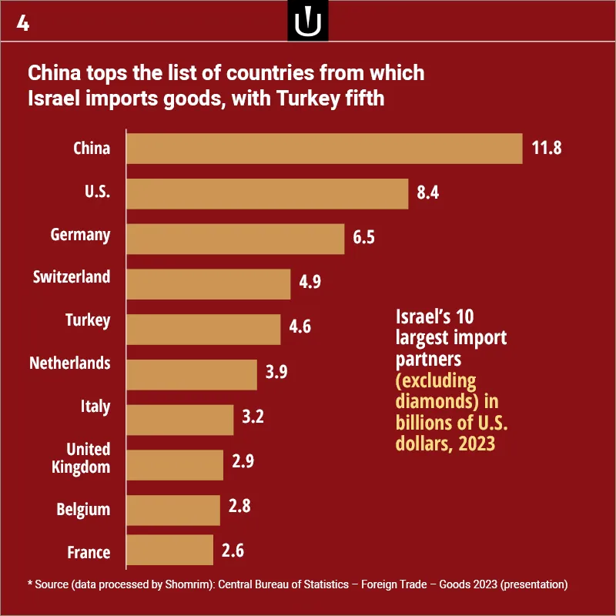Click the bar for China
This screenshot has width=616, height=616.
point(324,149)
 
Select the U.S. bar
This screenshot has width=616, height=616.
point(267,194)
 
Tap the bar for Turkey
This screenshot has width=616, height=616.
point(203,330)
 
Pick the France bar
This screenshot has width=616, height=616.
point(169,550)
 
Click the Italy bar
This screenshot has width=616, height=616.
point(180,420)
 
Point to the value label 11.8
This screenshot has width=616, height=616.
point(547,148)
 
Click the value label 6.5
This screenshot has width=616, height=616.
point(363,237)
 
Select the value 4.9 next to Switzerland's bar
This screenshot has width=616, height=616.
point(310,282)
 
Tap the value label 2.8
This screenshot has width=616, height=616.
point(239,506)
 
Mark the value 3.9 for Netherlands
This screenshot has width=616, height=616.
point(276,372)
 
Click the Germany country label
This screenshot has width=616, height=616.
point(81,235)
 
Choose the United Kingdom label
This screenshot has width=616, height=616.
point(82,458)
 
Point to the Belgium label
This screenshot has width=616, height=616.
point(83,510)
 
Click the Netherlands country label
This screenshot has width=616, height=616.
point(70,363)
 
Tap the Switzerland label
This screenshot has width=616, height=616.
point(72,277)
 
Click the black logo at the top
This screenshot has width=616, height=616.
point(308,21)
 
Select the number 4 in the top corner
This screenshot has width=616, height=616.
point(23,23)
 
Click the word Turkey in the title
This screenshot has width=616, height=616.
point(308,99)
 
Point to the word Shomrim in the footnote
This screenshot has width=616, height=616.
point(185,584)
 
